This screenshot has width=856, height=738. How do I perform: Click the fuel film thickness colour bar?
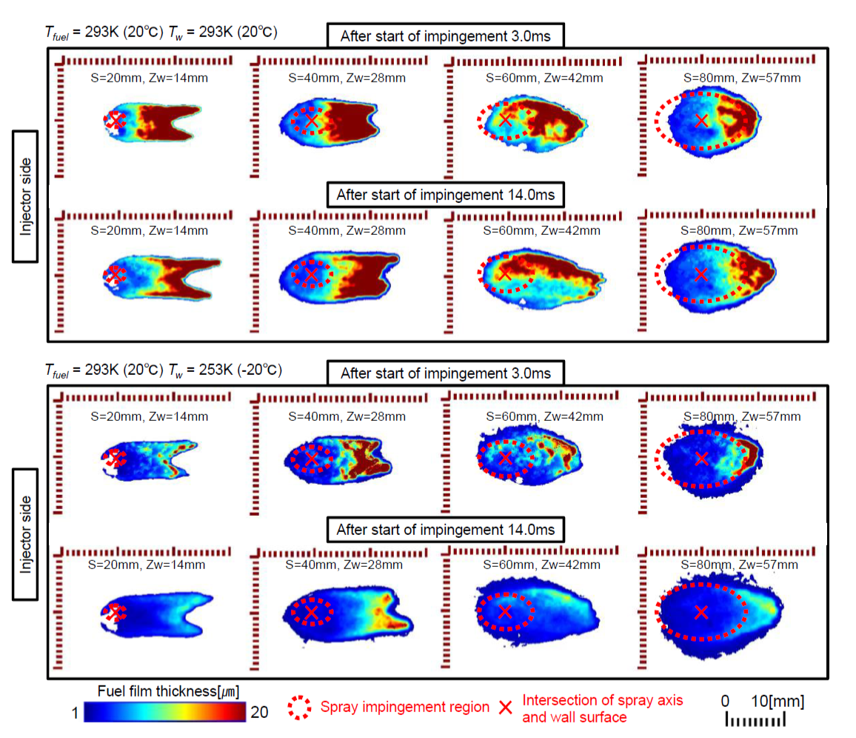(x=164, y=712)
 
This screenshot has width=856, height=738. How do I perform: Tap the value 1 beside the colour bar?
(x=75, y=713)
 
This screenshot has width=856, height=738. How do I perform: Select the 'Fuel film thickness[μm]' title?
(x=168, y=691)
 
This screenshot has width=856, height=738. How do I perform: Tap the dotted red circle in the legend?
(x=301, y=707)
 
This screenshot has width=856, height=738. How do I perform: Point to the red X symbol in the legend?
(x=505, y=707)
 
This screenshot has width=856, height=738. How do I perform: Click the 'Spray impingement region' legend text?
(x=404, y=707)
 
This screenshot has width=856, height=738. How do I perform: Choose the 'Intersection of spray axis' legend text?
(x=603, y=699)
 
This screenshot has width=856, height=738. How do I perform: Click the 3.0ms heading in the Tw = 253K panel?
(x=446, y=373)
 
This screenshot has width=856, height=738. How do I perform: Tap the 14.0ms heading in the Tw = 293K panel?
(x=445, y=196)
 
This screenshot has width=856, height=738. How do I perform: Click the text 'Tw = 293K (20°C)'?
(x=223, y=31)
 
